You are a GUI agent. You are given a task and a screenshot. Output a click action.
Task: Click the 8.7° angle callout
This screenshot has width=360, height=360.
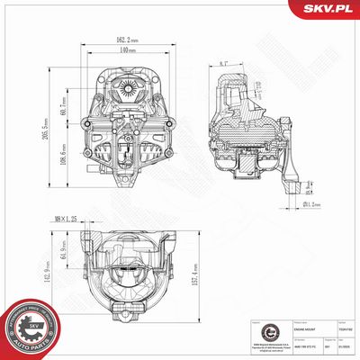tap(224, 65)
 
